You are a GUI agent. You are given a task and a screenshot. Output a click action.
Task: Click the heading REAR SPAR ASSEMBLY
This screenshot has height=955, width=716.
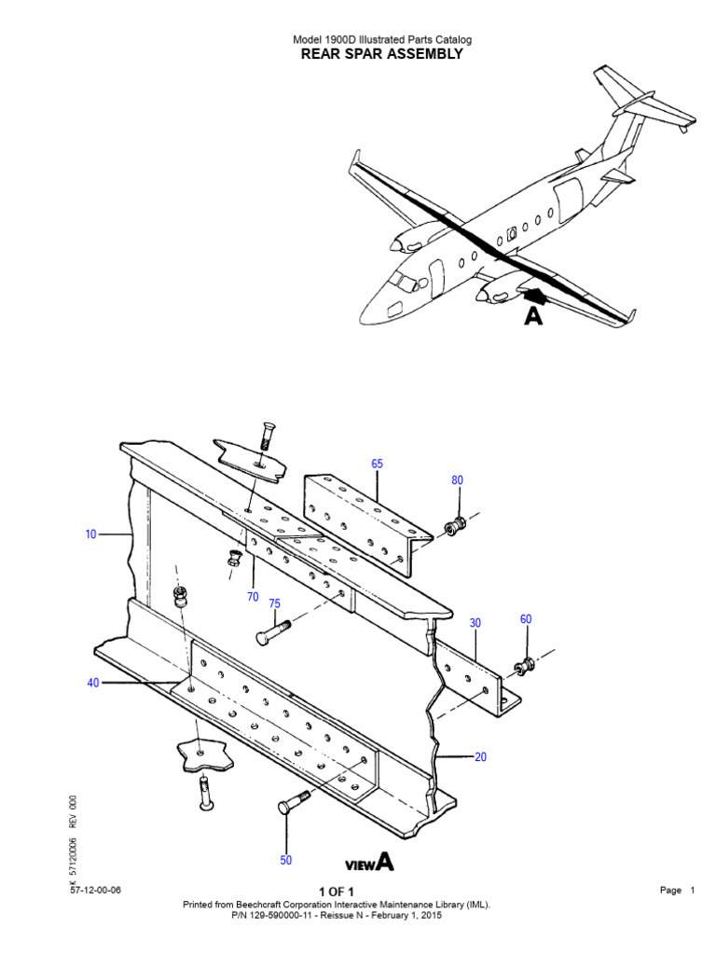(x=381, y=54)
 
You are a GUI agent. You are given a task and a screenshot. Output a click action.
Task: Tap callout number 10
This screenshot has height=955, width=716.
(x=90, y=535)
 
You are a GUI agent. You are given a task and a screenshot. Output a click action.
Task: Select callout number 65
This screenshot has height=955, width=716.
(x=377, y=464)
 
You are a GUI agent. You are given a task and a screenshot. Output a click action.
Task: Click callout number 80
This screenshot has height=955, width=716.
(x=457, y=480)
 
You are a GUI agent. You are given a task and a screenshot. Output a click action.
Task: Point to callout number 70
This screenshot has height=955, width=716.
(x=253, y=597)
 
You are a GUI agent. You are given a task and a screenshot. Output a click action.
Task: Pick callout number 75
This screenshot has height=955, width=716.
(x=274, y=603)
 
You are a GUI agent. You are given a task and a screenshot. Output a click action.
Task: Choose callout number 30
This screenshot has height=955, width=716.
(x=475, y=623)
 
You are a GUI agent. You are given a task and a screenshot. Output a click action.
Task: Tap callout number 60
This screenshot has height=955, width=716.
(x=526, y=619)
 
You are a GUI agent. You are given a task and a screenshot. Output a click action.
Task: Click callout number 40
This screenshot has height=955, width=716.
(x=93, y=683)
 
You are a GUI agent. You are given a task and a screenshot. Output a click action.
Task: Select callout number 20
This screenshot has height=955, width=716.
(x=480, y=757)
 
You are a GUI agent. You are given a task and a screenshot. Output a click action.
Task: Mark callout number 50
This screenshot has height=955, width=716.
(x=286, y=860)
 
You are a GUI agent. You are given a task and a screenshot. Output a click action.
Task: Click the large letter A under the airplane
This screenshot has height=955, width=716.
(x=532, y=317)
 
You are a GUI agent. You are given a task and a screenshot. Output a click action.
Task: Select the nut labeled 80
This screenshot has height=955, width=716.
(x=454, y=527)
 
